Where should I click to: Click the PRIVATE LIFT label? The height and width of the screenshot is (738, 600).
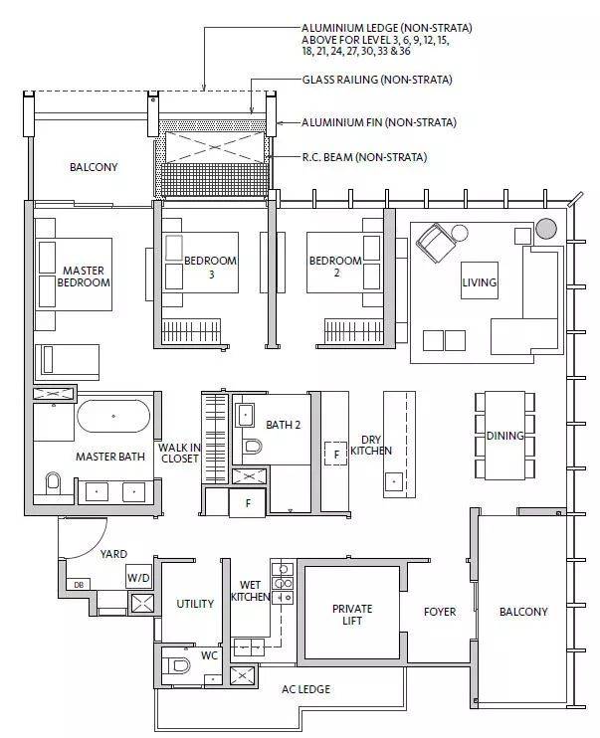(x=352, y=615)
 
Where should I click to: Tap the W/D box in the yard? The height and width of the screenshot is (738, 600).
(x=139, y=577)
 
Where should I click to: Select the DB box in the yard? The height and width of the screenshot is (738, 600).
(x=79, y=585)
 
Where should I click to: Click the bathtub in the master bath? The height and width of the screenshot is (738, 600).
(x=113, y=416)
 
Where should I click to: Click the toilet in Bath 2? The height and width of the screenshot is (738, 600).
(x=252, y=446)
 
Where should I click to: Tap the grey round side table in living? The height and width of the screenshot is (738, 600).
(x=546, y=229)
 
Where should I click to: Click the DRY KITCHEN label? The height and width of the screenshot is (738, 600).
(x=371, y=446)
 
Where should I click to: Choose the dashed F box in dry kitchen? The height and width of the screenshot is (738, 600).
(x=336, y=454)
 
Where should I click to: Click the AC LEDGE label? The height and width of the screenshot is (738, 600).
(x=305, y=689)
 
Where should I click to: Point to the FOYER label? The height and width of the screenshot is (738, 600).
(x=440, y=612)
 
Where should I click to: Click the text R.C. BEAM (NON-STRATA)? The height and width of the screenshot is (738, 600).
(x=364, y=157)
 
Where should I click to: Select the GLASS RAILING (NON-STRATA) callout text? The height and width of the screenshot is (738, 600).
(x=377, y=80)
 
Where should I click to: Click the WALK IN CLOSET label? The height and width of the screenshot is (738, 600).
(x=179, y=453)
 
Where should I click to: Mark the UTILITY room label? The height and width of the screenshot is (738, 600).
(x=195, y=604)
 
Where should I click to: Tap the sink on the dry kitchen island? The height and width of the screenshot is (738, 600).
(x=394, y=481)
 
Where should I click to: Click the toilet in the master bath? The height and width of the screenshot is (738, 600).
(x=53, y=482)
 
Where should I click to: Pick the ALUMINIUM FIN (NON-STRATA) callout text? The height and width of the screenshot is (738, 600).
(x=379, y=123)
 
